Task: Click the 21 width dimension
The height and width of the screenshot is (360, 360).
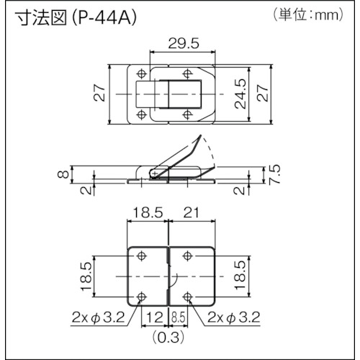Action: point(191,212)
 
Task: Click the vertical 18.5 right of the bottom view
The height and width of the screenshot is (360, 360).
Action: point(238,276)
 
